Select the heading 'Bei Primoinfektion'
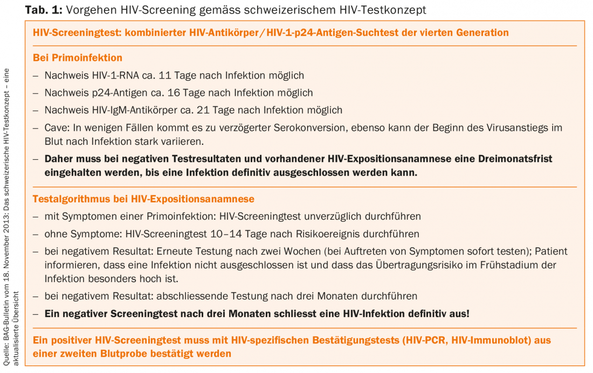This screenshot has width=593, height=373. (78, 58)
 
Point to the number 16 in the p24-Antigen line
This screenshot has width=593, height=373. (174, 93)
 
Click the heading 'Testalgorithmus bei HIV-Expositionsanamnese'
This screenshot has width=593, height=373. (143, 199)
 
